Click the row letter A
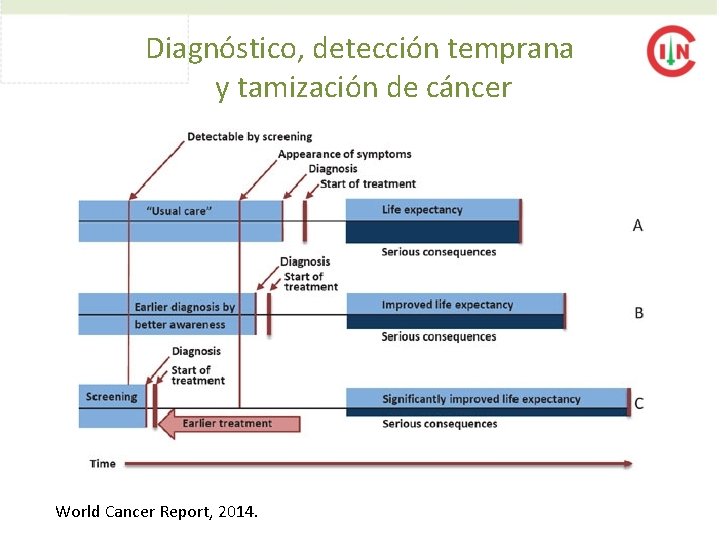638,226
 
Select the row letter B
639,313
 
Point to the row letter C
639,404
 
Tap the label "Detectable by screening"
249,137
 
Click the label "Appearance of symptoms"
344,154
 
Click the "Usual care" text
179,211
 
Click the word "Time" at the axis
102,464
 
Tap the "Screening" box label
111,397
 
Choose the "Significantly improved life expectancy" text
481,400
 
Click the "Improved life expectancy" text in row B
447,305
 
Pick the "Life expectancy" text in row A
422,210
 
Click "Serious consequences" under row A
438,252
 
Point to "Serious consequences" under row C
439,424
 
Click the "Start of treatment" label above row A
368,184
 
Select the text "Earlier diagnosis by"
185,307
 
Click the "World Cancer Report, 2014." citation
156,512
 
